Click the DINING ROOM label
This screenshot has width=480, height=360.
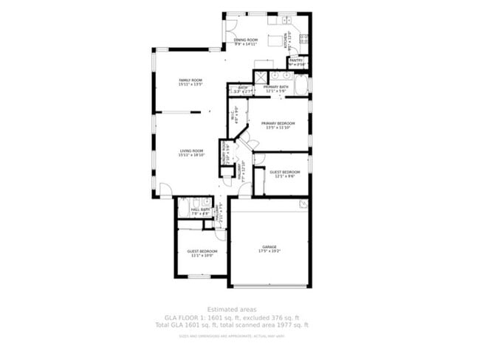(247, 40)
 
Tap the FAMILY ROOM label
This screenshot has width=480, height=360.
(191, 80)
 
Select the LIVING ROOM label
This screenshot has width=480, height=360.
(191, 150)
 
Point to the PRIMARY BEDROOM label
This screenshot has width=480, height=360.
(278, 123)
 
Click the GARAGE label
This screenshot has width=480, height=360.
(269, 246)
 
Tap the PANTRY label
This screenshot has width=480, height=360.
(295, 60)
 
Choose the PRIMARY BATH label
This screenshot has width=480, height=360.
(275, 87)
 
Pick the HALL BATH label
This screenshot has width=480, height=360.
(200, 210)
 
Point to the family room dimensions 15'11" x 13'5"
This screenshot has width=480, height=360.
(191, 85)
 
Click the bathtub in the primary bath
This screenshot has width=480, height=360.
(301, 84)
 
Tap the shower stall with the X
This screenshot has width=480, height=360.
(261, 77)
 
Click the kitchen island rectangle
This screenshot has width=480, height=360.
(276, 40)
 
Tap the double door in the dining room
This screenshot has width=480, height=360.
(230, 37)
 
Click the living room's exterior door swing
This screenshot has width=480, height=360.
(165, 190)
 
